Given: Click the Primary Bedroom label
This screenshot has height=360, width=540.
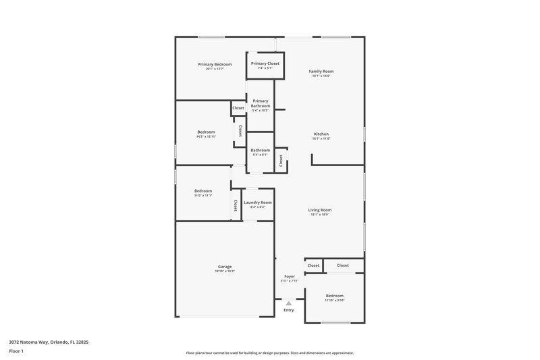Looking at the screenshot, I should coord(215,64).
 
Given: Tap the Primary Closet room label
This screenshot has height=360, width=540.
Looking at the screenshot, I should coord(265,63).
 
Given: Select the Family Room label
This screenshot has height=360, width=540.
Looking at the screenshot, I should coord(321,71).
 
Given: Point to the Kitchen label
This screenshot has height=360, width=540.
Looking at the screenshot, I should coord(321,134).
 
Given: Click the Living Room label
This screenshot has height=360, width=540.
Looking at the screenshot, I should coord(321,209).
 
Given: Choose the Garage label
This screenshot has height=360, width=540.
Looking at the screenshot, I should coord(225,267).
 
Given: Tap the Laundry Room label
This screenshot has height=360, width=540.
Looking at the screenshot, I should coord(258,203).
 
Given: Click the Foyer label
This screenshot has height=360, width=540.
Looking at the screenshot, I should coord(290,276).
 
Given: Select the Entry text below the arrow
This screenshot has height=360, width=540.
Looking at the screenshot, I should coord(289,310).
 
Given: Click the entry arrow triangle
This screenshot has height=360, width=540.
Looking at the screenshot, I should coord(289,303).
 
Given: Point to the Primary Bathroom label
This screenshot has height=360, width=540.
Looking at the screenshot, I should coord(261,103).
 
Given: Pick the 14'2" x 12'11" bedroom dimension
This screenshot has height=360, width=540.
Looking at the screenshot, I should coord(206,137).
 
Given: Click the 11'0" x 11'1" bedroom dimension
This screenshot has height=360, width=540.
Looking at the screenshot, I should coord(203,195).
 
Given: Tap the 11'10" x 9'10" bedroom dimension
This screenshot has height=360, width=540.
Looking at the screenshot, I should coord(335,301).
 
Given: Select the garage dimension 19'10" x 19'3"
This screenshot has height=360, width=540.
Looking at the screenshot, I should coord(225,272).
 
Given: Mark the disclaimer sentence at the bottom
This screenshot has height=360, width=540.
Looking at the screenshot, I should coord(270,353).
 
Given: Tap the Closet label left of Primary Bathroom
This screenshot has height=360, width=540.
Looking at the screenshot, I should coord(238,108).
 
